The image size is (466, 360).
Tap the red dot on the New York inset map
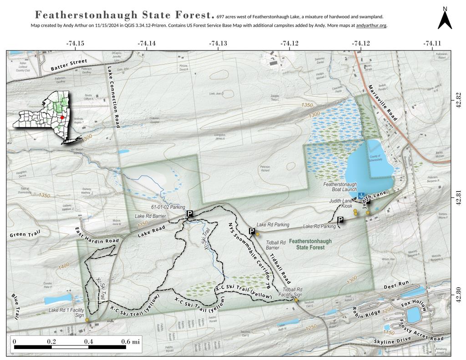[x=62, y=117]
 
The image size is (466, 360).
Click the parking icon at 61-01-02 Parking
[x=190, y=213]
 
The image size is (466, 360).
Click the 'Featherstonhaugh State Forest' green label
[x=311, y=244]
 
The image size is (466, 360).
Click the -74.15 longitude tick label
[x=75, y=43]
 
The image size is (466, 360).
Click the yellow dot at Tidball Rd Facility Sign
[x=296, y=300]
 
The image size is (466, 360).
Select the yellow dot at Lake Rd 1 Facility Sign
[x=87, y=320]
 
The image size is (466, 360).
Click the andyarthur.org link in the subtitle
[x=371, y=25]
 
